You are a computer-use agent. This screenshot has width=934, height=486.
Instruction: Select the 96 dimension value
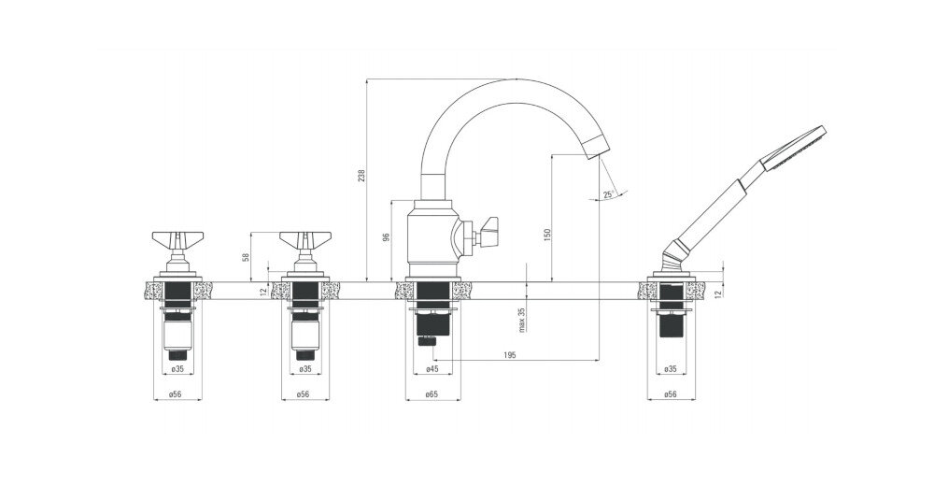(x=386, y=237)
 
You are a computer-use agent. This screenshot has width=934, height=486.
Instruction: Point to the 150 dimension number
(x=547, y=235)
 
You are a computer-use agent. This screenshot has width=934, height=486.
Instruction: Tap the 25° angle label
(x=608, y=194)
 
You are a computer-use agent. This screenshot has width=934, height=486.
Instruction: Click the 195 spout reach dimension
(x=509, y=355)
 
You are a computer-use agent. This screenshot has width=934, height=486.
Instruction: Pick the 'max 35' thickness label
(x=522, y=320)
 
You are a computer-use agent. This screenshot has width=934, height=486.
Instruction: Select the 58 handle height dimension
(x=246, y=257)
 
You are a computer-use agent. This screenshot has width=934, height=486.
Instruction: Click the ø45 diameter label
(x=432, y=370)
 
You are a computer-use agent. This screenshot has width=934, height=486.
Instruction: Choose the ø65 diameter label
(x=432, y=394)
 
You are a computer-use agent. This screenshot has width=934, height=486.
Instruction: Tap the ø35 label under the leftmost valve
(x=177, y=370)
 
